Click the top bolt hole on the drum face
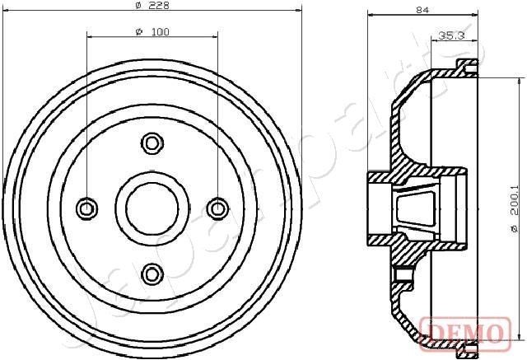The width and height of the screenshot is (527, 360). click(x=152, y=143)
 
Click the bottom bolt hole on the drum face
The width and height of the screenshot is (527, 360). click(x=152, y=273)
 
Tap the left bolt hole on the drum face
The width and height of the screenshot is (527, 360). click(x=86, y=208)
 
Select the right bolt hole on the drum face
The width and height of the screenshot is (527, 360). click(x=217, y=208)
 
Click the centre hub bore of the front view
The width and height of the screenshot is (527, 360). click(x=152, y=208)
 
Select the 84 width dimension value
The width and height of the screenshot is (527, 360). click(x=423, y=10)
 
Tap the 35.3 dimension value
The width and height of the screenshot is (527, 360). click(x=450, y=35)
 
